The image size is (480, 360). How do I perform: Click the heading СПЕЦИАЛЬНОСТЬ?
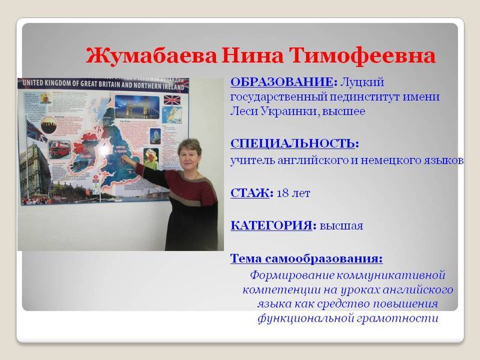click(x=293, y=143)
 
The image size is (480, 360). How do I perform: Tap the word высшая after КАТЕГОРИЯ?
click(x=341, y=226)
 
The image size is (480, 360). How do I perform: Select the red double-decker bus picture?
click(x=60, y=148)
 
